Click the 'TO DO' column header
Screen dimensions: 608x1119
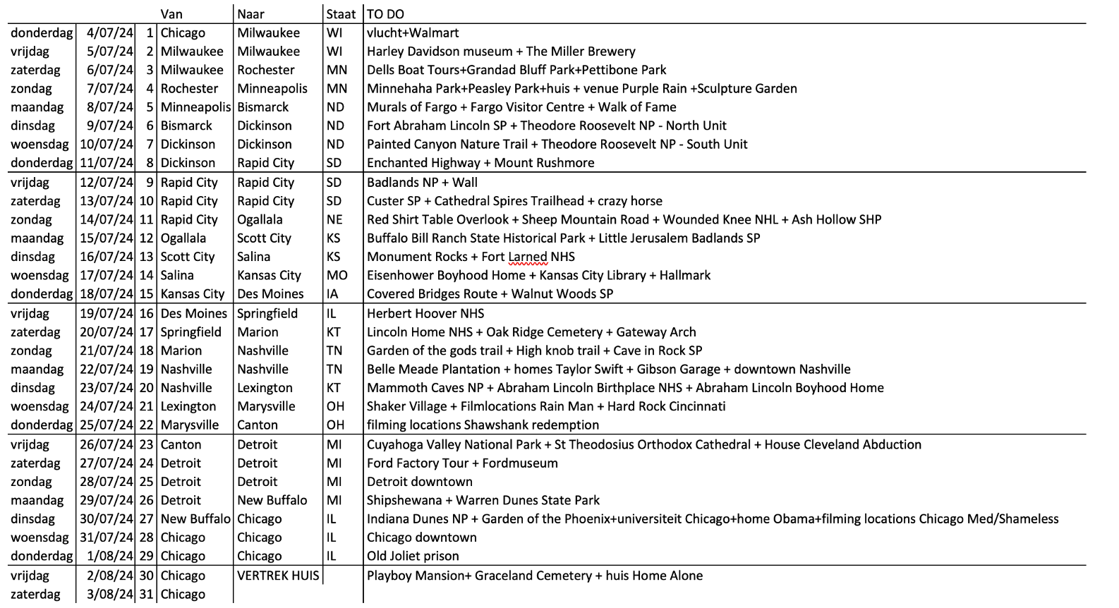385,14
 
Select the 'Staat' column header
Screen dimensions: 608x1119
341,14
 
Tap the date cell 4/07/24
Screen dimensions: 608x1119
109,33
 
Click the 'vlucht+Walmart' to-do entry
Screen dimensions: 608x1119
413,33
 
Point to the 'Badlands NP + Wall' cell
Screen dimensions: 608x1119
422,183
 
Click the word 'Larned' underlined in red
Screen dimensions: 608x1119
527,257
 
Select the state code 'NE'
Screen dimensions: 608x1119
334,220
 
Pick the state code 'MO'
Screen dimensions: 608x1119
337,276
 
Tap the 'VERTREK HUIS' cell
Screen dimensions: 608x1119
278,576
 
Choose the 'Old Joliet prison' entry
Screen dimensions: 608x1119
413,557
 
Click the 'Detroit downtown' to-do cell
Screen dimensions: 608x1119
420,482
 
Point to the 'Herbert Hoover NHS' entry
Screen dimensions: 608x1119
425,314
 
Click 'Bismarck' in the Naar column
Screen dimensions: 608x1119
262,107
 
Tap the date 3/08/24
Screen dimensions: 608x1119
109,595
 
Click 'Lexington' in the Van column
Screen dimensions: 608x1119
188,407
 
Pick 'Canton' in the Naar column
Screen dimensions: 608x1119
258,425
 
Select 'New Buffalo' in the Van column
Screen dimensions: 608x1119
195,519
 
